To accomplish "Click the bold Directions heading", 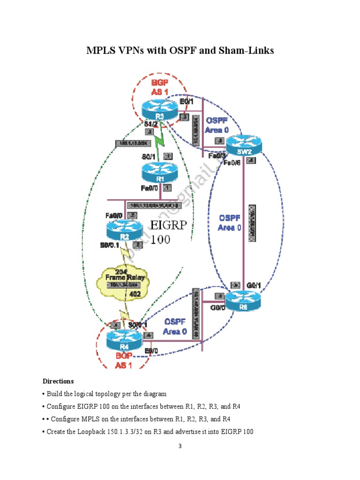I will [58, 381].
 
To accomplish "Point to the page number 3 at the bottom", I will [180, 446].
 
